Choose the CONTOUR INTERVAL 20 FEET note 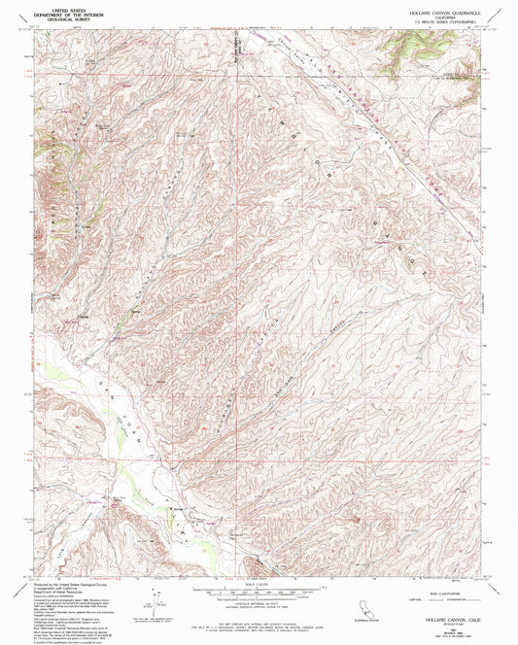click(x=259, y=602)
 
